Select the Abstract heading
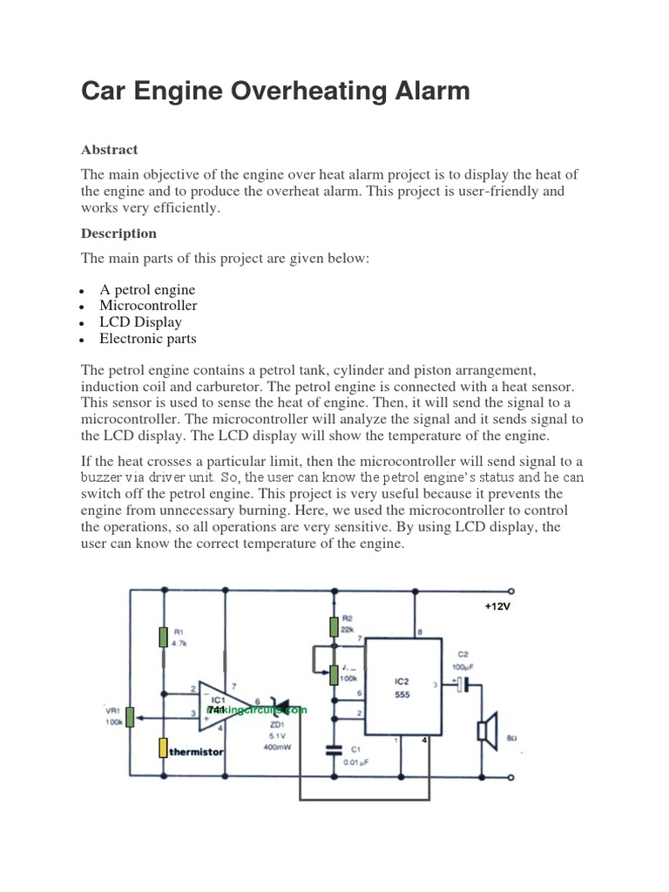(x=109, y=149)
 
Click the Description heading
(x=118, y=233)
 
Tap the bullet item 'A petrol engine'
(x=147, y=289)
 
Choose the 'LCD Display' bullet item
(x=140, y=322)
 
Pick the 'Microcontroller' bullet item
(x=148, y=306)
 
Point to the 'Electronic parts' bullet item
(x=148, y=339)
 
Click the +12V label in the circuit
(x=497, y=605)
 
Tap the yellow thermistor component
(x=163, y=747)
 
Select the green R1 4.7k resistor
(x=163, y=638)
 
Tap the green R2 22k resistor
(x=334, y=625)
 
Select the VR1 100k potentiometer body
(x=130, y=717)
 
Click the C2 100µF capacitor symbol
(x=463, y=685)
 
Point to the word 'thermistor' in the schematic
(x=197, y=751)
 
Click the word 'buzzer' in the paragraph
(x=105, y=477)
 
